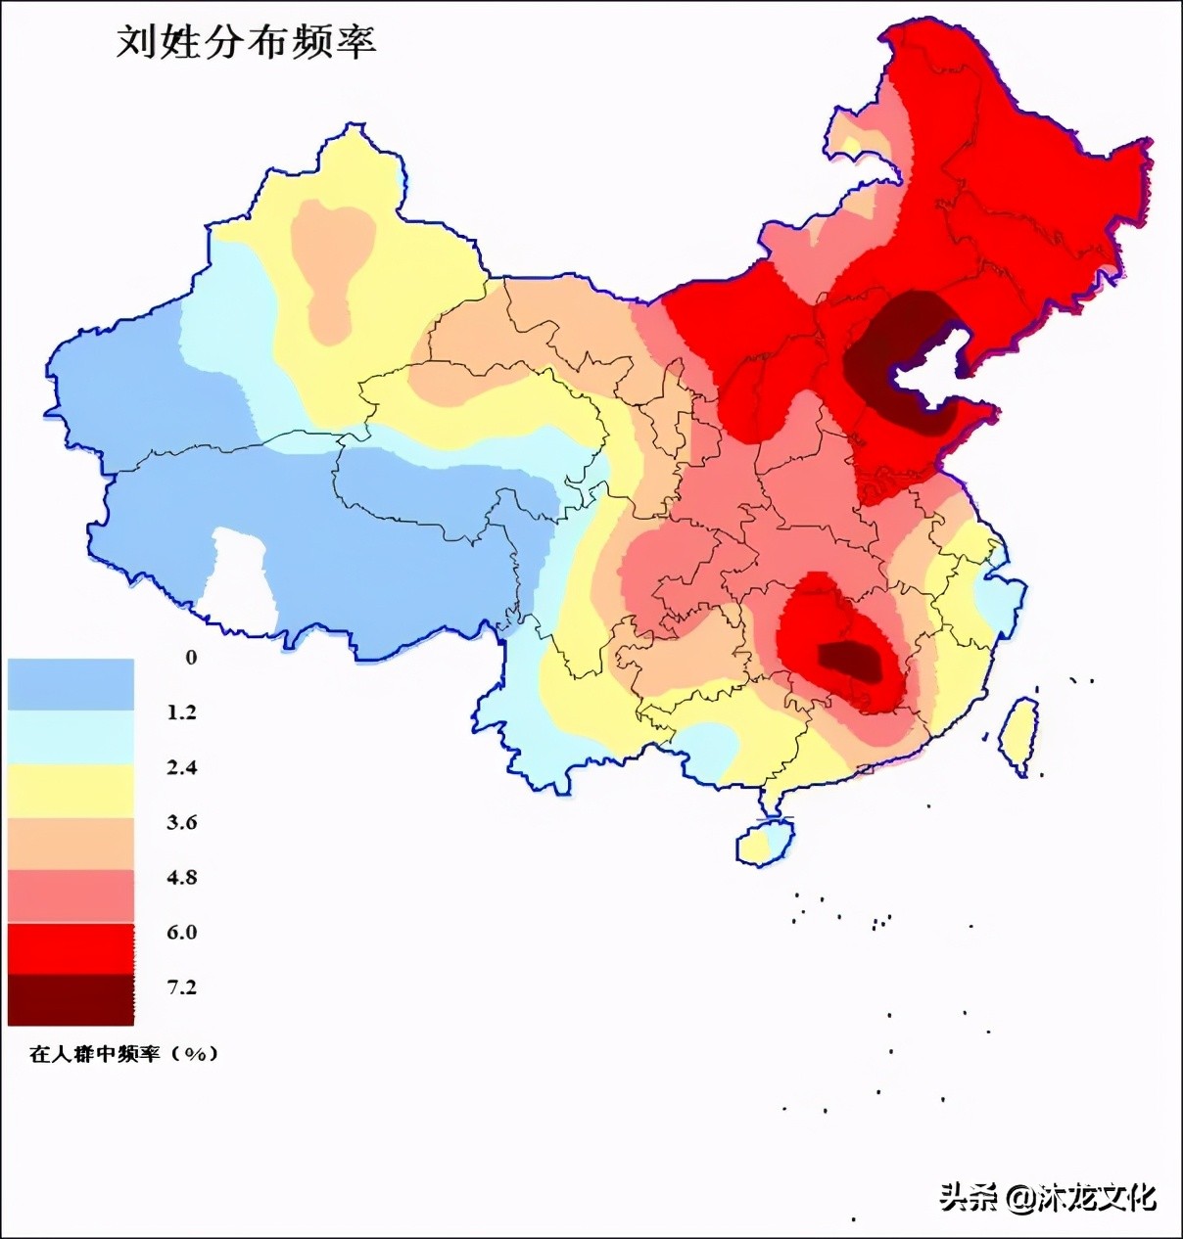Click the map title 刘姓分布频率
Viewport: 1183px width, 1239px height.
point(246,42)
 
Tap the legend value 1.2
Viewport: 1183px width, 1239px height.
point(181,712)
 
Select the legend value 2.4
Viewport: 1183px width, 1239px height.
point(181,767)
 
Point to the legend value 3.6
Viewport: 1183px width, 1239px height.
point(181,822)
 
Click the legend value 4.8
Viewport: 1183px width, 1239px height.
point(181,877)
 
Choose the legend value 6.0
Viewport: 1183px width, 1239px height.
point(181,932)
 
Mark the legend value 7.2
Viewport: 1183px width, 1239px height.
point(181,987)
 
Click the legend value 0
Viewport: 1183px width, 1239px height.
point(191,658)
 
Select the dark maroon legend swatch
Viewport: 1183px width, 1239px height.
point(71,999)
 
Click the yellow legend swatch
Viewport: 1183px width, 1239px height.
point(71,791)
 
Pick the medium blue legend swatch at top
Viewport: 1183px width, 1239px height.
point(71,684)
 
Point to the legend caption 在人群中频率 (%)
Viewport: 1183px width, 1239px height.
point(123,1054)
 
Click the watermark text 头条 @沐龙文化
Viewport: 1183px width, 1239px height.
point(1048,1196)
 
